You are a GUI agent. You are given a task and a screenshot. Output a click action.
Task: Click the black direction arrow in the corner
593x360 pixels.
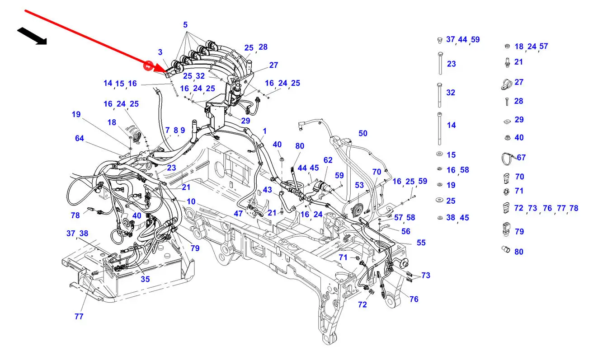[x=32, y=36]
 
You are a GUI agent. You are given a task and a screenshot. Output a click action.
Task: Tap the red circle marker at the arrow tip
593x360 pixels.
[x=147, y=66]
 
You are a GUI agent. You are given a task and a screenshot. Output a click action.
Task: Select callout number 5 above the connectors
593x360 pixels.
[x=185, y=25]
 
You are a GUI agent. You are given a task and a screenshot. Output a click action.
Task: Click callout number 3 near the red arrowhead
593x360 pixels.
[x=160, y=52]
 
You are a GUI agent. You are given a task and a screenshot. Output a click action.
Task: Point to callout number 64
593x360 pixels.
[x=80, y=138]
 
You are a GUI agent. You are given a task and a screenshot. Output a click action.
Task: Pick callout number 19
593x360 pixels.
[x=76, y=114]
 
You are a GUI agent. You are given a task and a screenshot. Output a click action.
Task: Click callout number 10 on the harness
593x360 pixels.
[x=191, y=201]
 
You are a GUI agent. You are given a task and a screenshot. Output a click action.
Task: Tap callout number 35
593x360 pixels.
[x=145, y=279]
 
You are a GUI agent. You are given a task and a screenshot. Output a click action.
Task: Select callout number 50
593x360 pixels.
[x=363, y=133]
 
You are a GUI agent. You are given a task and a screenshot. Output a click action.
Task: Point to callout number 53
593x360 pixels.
[x=359, y=185]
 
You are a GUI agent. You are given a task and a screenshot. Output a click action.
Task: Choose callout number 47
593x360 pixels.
[x=238, y=213]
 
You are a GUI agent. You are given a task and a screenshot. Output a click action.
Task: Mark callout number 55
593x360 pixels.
[x=421, y=243]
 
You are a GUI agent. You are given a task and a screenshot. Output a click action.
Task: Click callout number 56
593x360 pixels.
[x=406, y=231]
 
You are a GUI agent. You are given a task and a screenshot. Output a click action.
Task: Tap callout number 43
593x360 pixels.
[x=268, y=190]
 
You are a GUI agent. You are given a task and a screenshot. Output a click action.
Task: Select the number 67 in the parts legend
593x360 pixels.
[x=521, y=158]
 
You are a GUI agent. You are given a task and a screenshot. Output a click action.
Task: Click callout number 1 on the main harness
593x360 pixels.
[x=264, y=131]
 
